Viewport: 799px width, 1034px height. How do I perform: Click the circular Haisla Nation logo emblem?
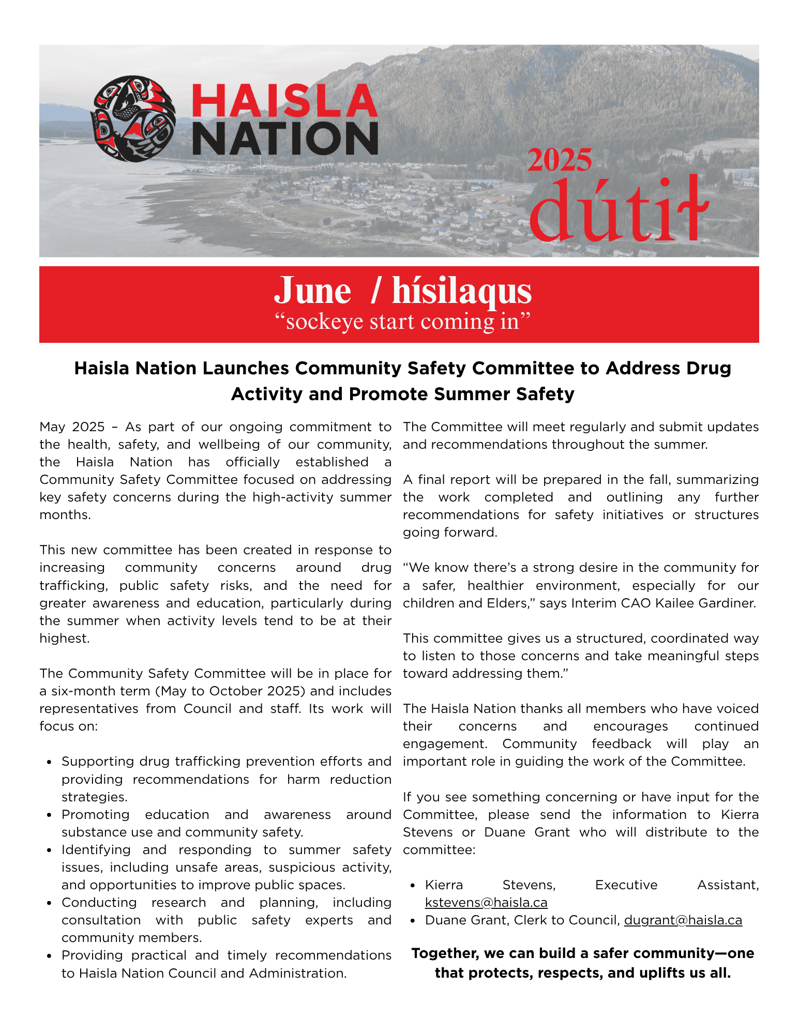tap(133, 119)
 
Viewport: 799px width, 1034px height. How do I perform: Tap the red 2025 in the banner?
tap(560, 160)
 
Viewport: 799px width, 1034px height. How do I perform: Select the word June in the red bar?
tap(312, 291)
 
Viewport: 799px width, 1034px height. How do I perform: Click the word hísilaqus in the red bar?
tap(461, 291)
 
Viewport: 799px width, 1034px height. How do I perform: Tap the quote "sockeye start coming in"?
tap(402, 322)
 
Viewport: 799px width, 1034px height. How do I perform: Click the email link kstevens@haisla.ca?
tap(486, 903)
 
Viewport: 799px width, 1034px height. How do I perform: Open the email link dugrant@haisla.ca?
tap(683, 920)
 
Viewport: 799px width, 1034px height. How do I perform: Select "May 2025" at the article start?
tap(72, 427)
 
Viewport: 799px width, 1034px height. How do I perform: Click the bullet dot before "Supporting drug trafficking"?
tap(49, 762)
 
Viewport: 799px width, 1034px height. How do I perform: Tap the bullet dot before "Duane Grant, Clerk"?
tap(413, 921)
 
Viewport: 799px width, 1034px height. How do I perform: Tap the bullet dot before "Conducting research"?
tap(49, 903)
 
